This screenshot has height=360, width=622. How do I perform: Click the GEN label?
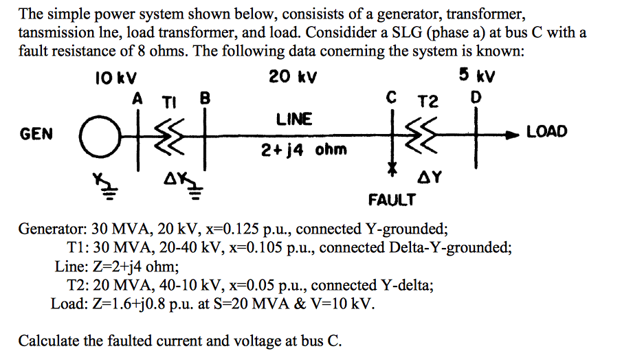(36, 134)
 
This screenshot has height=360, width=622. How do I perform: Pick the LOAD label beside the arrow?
(547, 131)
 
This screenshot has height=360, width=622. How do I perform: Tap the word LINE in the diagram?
(294, 120)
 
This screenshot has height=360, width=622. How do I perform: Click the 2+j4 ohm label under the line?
(294, 149)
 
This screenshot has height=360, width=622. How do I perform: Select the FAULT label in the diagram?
(392, 200)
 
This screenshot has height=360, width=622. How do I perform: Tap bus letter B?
(204, 98)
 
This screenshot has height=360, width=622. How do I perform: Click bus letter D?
(474, 98)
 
